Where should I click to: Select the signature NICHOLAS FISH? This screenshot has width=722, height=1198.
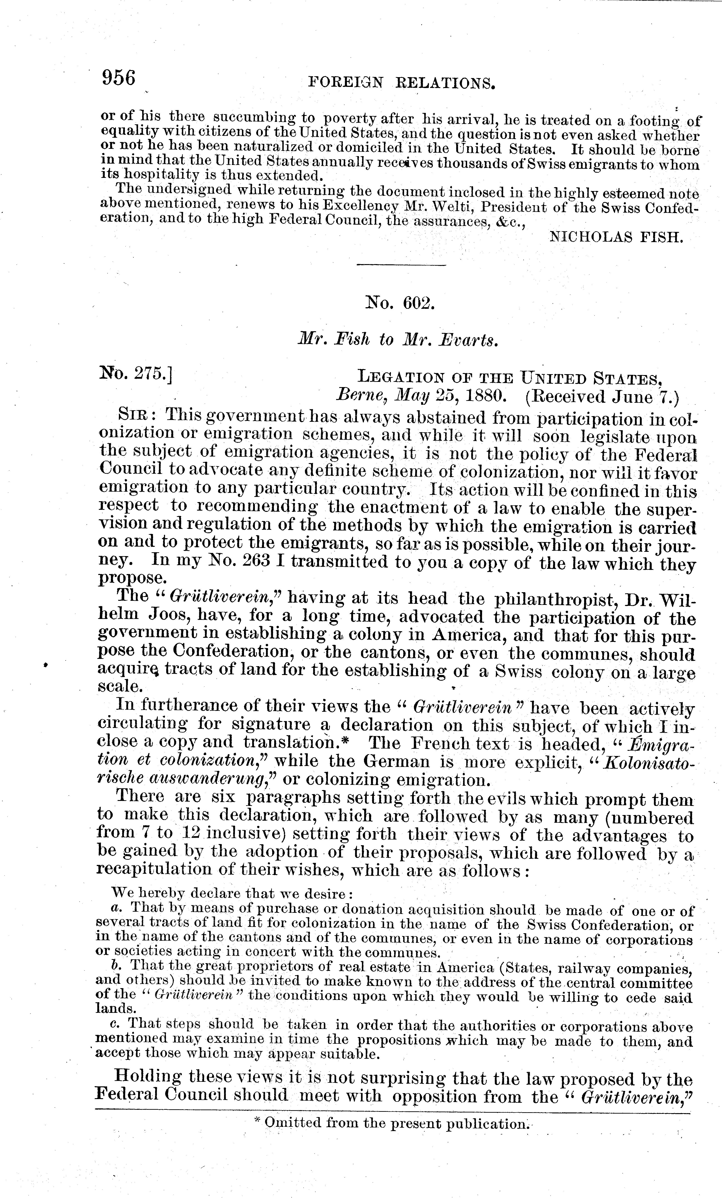coord(617,237)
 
